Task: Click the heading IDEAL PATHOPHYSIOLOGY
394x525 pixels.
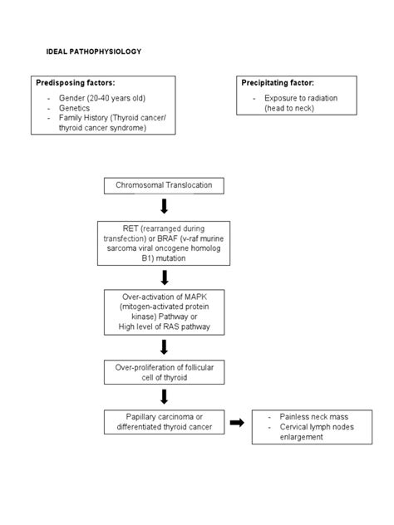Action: pos(94,52)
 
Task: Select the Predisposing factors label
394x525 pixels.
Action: pos(75,83)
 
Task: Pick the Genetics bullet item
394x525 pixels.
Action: pos(75,108)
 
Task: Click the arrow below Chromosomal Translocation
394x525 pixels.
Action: pos(164,206)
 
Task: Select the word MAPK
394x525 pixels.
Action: pos(193,297)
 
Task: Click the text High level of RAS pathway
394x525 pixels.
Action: pos(164,328)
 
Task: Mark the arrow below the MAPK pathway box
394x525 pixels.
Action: pos(164,346)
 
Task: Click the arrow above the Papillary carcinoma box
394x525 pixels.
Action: pos(164,397)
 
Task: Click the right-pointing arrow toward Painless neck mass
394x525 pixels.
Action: pos(237,422)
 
